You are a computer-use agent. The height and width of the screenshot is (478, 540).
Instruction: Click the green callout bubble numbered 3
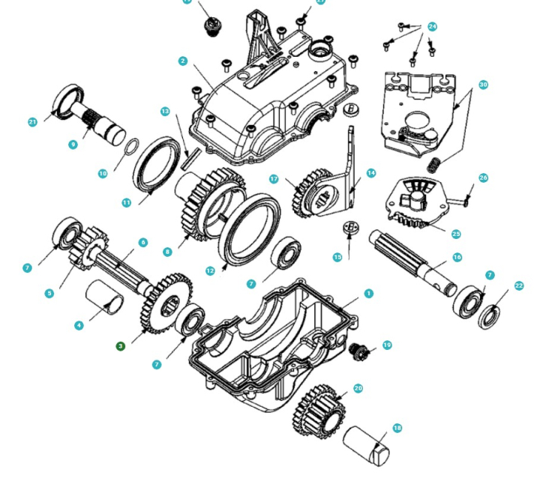[x=120, y=345]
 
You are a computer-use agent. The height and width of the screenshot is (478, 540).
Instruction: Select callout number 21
[x=32, y=122]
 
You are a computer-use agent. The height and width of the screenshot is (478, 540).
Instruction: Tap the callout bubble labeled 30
[x=483, y=85]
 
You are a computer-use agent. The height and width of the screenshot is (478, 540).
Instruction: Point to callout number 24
[x=432, y=26]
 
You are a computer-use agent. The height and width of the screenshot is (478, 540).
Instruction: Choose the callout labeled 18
[x=397, y=428]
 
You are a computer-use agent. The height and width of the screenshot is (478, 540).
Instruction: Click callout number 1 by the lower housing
[x=368, y=293]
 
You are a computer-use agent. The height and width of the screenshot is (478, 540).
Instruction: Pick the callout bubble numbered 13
[x=165, y=111]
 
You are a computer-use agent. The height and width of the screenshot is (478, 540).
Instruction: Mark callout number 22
[x=519, y=285]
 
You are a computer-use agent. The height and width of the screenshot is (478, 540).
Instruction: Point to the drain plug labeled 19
[x=362, y=350]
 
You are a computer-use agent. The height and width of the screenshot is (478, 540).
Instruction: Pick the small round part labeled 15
[x=349, y=227]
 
